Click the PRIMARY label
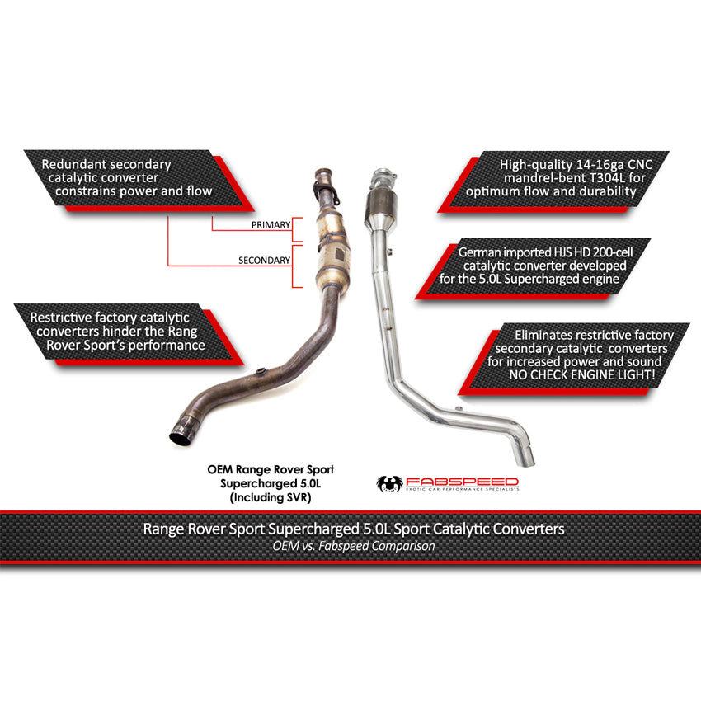pyautogui.click(x=271, y=225)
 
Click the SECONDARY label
pyautogui.click(x=264, y=260)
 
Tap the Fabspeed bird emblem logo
pyautogui.click(x=389, y=483)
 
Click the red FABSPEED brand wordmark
pyautogui.click(x=463, y=482)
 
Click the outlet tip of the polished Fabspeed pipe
pyautogui.click(x=528, y=459)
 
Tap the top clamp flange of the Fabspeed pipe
pyautogui.click(x=384, y=177)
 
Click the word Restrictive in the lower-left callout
pyautogui.click(x=61, y=318)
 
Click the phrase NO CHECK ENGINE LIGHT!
pyautogui.click(x=582, y=374)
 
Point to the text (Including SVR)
pyautogui.click(x=271, y=497)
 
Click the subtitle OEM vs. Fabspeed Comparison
pyautogui.click(x=354, y=546)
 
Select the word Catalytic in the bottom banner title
pyautogui.click(x=461, y=529)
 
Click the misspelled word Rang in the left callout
pyautogui.click(x=182, y=332)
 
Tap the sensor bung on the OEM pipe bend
pyautogui.click(x=260, y=371)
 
